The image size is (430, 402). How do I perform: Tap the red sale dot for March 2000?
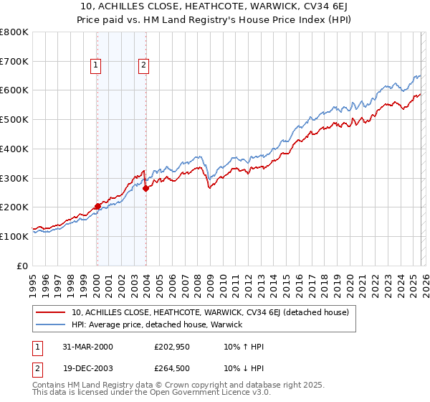point(97,207)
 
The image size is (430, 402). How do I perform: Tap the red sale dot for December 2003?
point(145,189)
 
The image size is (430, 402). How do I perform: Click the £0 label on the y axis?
point(23,266)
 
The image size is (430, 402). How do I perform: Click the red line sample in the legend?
point(50,312)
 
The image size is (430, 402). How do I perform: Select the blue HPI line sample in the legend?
point(50,324)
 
